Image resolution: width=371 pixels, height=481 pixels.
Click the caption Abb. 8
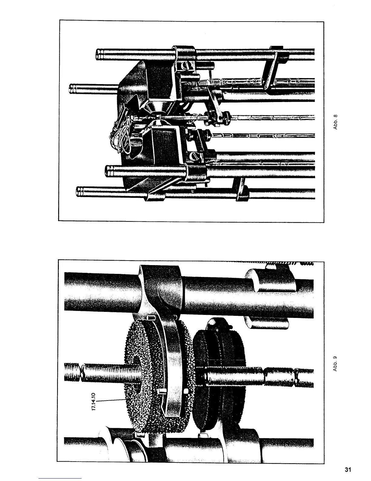(335, 121)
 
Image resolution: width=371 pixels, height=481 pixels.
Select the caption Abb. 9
(335, 363)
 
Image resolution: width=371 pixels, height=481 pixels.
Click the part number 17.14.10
(93, 402)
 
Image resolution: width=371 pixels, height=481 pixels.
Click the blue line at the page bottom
(61, 478)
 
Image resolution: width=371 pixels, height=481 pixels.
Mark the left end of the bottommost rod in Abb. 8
(78, 192)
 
